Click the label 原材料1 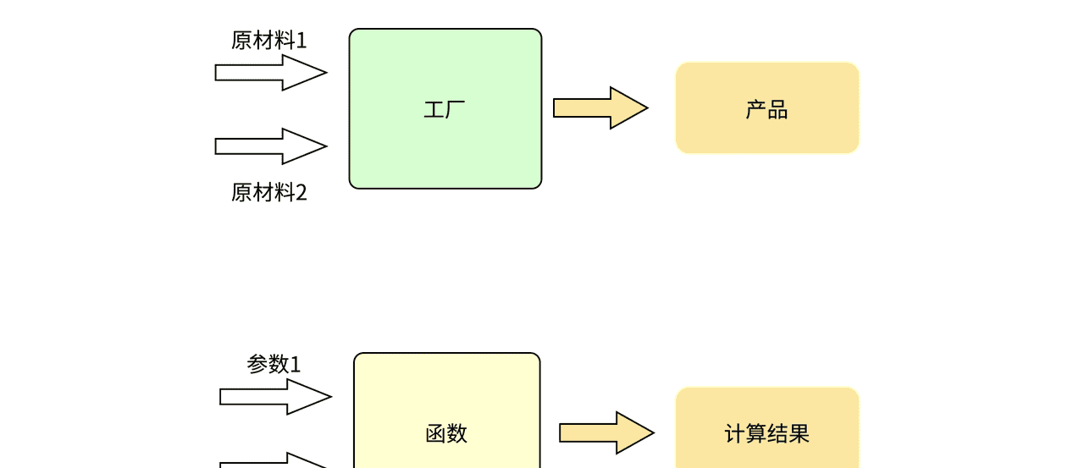pos(268,41)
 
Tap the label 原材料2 pos(268,193)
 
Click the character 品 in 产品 pos(778,109)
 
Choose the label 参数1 pos(274,365)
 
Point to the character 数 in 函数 pos(457,434)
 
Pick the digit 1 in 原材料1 pos(301,41)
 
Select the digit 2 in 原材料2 pos(301,193)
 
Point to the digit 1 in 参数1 pos(296,365)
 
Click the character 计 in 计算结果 pos(734,434)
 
